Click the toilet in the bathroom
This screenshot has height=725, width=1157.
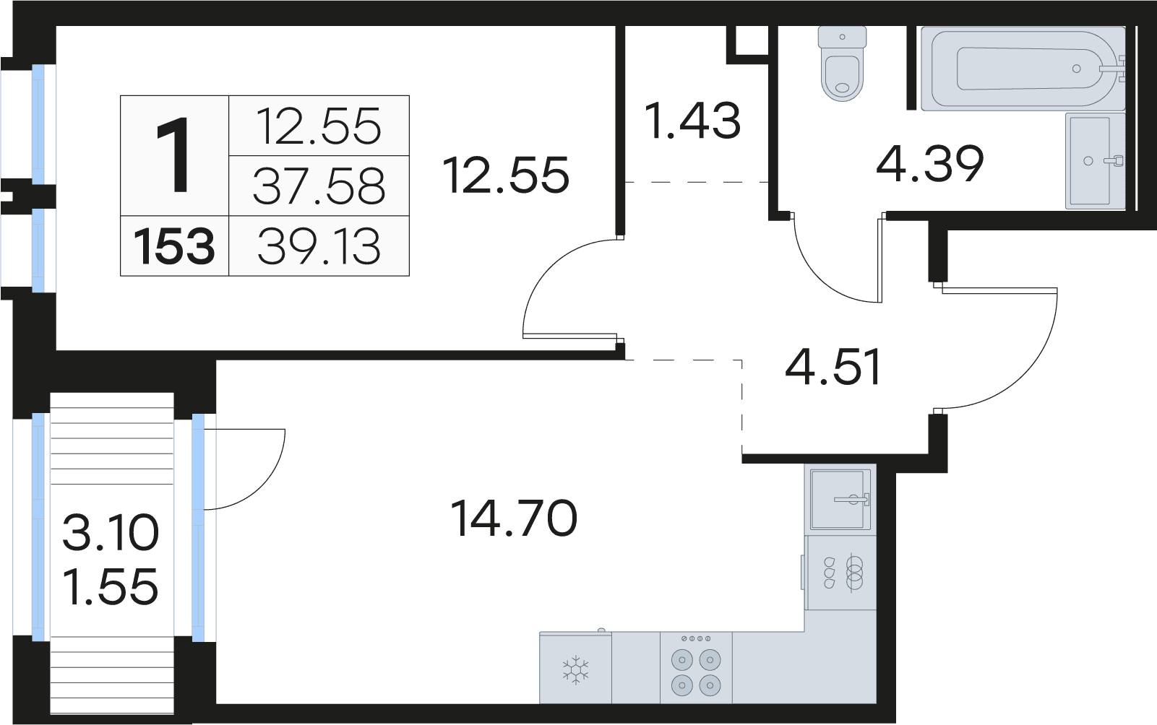(x=843, y=64)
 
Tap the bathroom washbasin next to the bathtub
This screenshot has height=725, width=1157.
(x=1095, y=161)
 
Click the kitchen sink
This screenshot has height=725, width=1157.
(x=840, y=500)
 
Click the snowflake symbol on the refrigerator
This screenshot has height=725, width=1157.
(x=575, y=670)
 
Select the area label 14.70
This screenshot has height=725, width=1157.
(x=513, y=518)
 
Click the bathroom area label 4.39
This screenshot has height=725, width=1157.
(x=930, y=164)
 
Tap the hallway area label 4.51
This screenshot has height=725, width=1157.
(x=833, y=368)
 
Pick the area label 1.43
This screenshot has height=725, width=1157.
(x=692, y=121)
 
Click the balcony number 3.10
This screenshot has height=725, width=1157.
(x=110, y=533)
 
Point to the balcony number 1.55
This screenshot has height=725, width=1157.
(x=110, y=586)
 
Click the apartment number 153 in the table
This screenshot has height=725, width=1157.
(x=174, y=247)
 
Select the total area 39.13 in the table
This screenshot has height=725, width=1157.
(x=319, y=247)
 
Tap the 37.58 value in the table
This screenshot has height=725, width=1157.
(x=319, y=186)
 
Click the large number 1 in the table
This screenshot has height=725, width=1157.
(x=173, y=155)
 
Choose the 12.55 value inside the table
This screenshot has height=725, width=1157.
(x=319, y=126)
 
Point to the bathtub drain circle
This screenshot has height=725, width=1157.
(x=1077, y=69)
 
